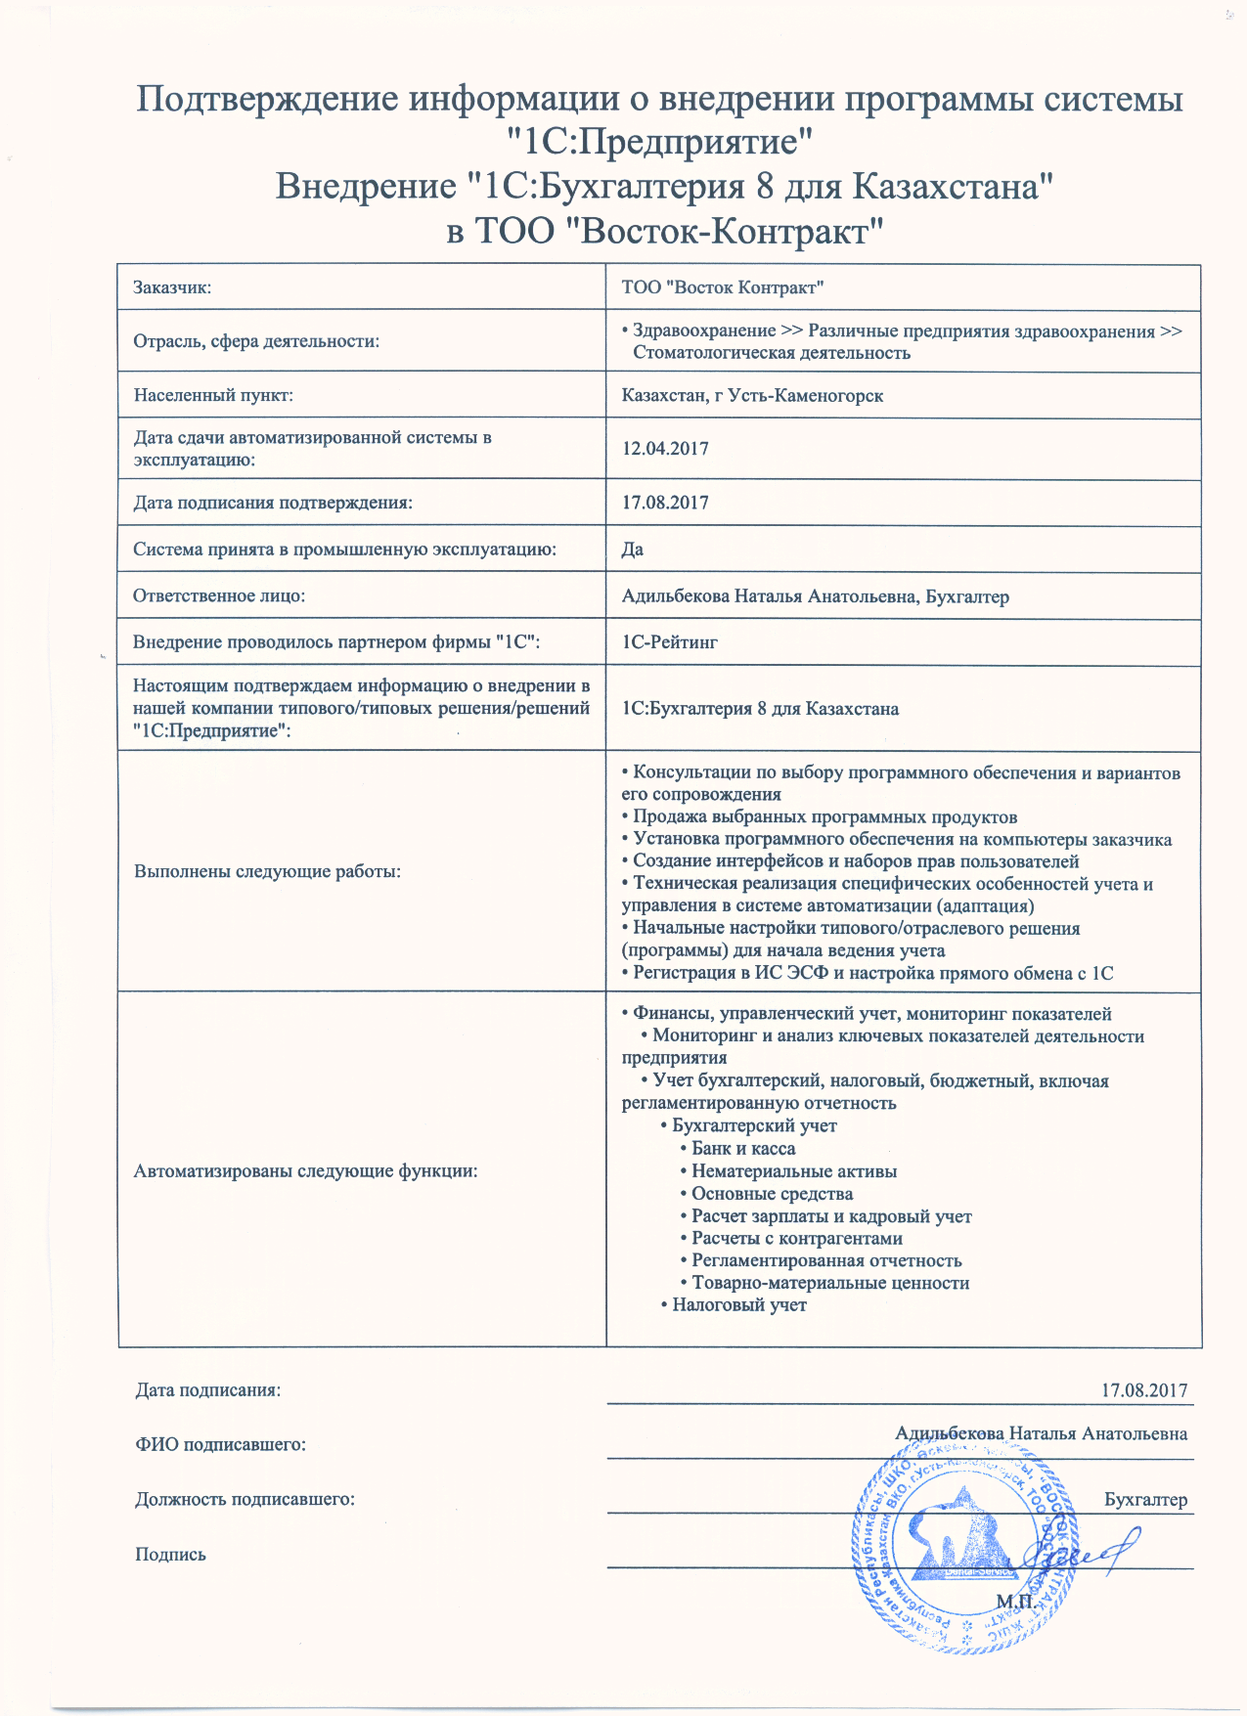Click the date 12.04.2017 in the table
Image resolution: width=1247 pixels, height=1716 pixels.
pos(665,449)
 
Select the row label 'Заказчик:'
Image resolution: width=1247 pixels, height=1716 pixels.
pos(172,287)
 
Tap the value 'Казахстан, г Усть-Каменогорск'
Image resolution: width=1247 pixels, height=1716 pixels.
pos(752,396)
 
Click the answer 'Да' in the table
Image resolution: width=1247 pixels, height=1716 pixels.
pos(632,550)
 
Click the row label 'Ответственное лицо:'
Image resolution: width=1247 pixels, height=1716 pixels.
pos(219,595)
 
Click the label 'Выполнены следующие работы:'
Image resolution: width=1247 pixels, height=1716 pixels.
pos(267,871)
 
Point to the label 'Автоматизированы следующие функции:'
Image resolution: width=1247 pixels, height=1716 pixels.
pos(305,1170)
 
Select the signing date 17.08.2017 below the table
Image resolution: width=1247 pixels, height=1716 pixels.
pos(1144,1390)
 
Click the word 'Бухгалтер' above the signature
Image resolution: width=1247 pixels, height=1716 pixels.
pos(1145,1500)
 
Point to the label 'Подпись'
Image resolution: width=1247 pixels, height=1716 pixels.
pos(170,1555)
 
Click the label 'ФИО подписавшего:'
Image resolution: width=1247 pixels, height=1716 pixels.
pos(220,1444)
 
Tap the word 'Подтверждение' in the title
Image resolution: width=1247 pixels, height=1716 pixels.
pos(268,100)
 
